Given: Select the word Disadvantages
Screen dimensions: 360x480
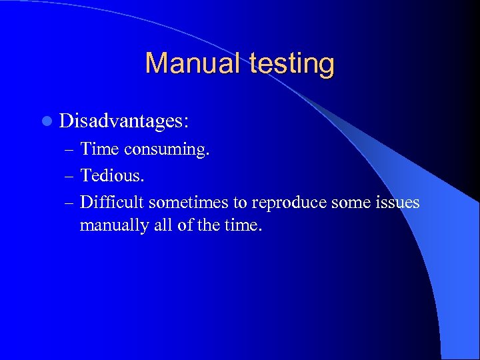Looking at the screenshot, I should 123,121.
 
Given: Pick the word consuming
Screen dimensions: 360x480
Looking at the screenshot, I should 167,150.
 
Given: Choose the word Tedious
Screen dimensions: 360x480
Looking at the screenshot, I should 111,175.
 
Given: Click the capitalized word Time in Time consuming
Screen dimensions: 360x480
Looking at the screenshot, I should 99,150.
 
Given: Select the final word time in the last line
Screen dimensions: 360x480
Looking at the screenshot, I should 244,225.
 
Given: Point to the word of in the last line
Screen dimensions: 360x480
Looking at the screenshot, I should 186,225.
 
